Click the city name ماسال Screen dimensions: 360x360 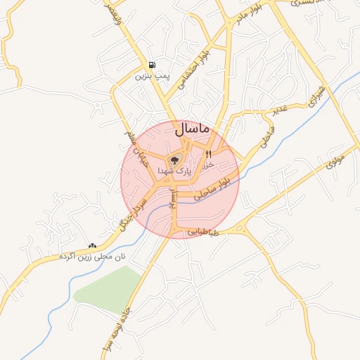(x=190, y=129)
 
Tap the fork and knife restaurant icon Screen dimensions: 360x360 (x=209, y=154)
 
